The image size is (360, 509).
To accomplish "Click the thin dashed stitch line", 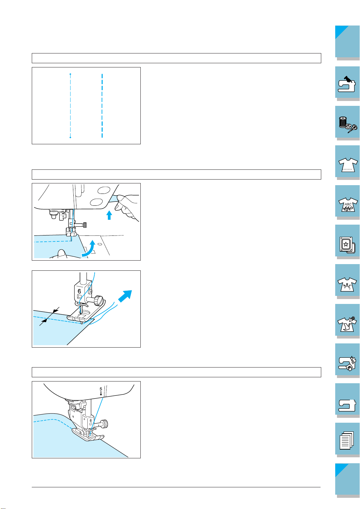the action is pos(70,106).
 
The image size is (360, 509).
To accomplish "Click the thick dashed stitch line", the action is pos(102,106).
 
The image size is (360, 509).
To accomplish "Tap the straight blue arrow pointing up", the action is pos(109,215).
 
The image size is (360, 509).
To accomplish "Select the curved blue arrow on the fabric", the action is pos(89,249).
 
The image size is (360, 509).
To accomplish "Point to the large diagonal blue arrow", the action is pos(125,296).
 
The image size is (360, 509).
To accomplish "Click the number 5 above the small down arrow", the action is pos(101,389).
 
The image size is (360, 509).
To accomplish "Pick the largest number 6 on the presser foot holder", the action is pos(79,291).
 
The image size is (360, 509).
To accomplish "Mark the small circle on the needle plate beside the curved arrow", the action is pos(99,244).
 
